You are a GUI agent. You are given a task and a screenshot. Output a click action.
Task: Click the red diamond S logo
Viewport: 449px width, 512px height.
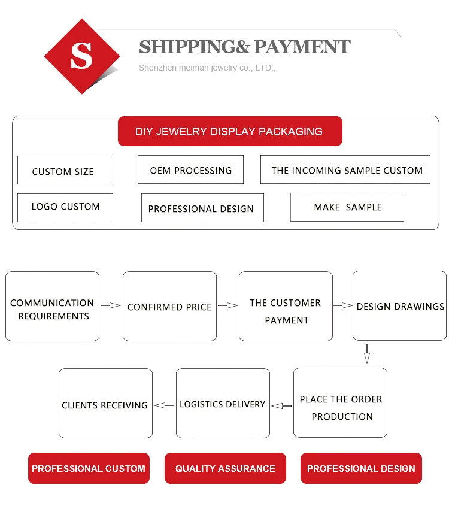(82, 56)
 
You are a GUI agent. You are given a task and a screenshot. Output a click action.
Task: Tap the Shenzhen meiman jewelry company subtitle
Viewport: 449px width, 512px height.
(207, 68)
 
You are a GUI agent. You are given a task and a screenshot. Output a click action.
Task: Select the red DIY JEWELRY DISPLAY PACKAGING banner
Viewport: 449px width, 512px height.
(229, 131)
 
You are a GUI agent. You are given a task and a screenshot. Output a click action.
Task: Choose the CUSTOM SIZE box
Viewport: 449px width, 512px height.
(65, 171)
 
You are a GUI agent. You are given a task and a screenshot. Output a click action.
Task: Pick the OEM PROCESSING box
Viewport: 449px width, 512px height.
(190, 170)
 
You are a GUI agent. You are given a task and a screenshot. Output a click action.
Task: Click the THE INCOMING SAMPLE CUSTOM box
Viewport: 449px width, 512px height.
(346, 171)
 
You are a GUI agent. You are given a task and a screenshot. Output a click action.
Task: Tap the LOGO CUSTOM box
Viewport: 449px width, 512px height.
(65, 207)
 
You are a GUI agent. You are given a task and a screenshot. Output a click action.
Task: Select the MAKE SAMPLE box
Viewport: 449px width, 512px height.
(347, 207)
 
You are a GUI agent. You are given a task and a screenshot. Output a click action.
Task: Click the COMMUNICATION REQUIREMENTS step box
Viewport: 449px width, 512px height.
(52, 307)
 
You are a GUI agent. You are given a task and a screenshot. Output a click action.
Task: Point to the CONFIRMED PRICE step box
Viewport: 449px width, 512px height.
(169, 307)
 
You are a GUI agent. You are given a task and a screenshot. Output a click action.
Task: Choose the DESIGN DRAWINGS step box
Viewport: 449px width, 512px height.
(399, 306)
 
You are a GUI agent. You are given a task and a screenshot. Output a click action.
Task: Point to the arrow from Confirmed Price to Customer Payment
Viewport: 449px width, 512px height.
(227, 306)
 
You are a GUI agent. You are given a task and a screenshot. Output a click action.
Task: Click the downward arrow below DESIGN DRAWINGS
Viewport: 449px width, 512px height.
(367, 355)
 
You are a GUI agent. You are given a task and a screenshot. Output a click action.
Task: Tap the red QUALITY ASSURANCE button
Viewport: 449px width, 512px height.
(225, 468)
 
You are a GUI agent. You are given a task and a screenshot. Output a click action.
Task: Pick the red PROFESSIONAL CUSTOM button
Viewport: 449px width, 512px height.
(89, 468)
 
